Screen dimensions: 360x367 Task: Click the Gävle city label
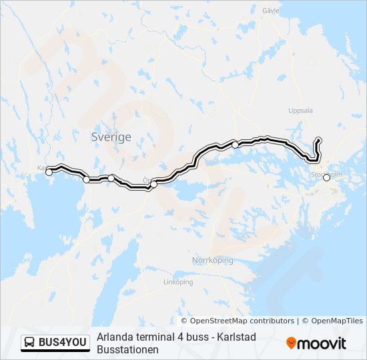point(271,11)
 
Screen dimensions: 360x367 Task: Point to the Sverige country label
point(111,137)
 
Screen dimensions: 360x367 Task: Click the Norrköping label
point(212,260)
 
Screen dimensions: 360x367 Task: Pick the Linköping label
point(178,282)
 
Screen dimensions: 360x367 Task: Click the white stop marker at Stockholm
point(326,178)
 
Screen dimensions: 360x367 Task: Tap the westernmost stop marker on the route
point(49,172)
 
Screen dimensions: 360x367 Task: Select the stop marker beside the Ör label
point(153,184)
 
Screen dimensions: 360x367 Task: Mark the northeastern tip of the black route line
point(318,139)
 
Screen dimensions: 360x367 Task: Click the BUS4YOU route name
point(63,343)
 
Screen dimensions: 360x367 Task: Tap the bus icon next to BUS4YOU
point(30,343)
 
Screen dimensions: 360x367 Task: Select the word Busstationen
point(127,349)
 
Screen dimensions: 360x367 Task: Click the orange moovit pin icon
point(291,343)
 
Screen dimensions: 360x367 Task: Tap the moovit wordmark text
point(322,343)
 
